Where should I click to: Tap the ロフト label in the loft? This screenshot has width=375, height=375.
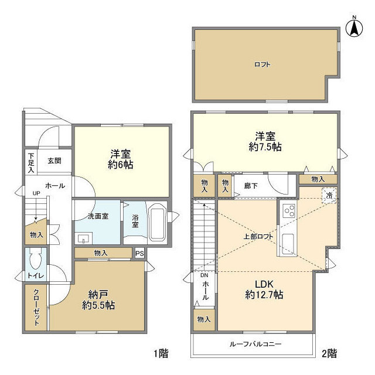point(262,64)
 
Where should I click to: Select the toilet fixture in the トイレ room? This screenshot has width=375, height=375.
point(36,257)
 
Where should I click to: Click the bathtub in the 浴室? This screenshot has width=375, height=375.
point(157,221)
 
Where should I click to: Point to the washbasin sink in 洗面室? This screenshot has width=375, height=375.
point(83,238)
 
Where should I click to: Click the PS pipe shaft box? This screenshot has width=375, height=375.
point(139,253)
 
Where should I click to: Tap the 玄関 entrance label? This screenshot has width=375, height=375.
point(54,161)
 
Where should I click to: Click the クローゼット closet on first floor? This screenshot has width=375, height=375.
point(36,307)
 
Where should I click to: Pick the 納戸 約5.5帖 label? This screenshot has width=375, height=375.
point(98,299)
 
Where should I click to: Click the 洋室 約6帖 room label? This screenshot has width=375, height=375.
point(120,159)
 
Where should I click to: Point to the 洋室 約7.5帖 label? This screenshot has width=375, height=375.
point(265,141)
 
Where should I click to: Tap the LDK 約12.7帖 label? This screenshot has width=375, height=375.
point(264,289)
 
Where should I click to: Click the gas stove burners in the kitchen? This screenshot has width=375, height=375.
point(289,211)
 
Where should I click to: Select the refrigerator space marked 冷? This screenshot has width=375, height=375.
point(329,195)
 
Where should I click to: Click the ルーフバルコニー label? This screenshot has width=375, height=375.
point(255,344)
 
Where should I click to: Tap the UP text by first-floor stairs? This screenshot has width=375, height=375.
point(36,193)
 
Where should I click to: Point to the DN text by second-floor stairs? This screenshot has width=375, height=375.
point(204,275)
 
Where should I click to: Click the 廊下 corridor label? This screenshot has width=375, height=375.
point(251,186)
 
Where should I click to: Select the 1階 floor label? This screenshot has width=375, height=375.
point(161,353)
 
